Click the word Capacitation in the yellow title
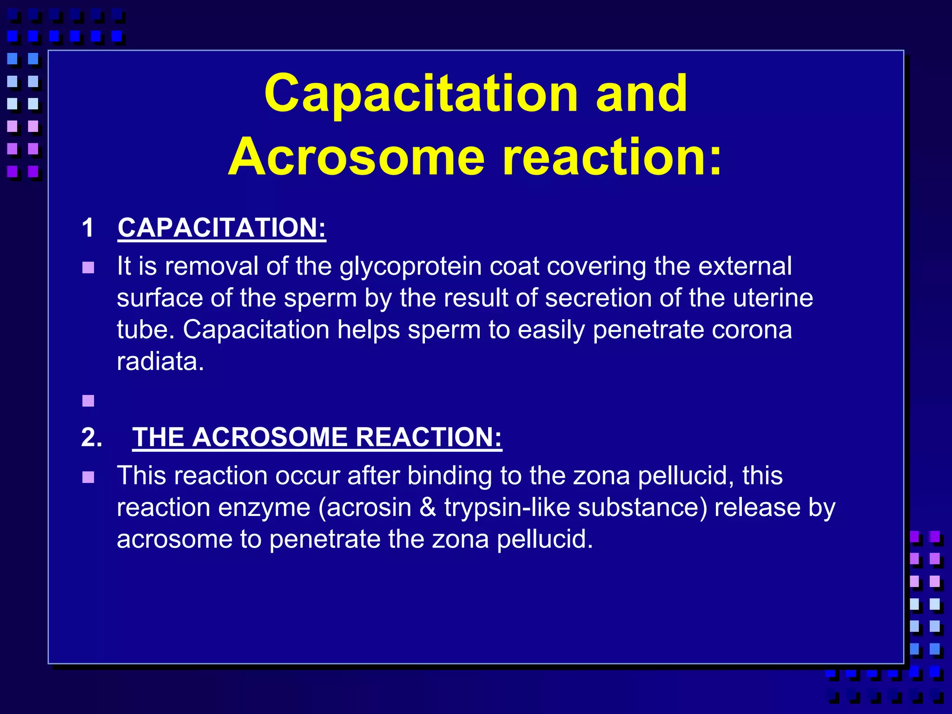click(421, 94)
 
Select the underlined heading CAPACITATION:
click(222, 228)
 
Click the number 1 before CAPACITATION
click(87, 228)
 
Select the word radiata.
click(160, 361)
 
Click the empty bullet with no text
click(88, 401)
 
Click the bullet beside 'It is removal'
click(88, 268)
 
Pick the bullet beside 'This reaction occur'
click(88, 477)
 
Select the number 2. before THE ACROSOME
click(92, 437)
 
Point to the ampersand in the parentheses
click(427, 508)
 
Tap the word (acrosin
click(365, 508)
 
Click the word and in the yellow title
click(641, 94)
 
